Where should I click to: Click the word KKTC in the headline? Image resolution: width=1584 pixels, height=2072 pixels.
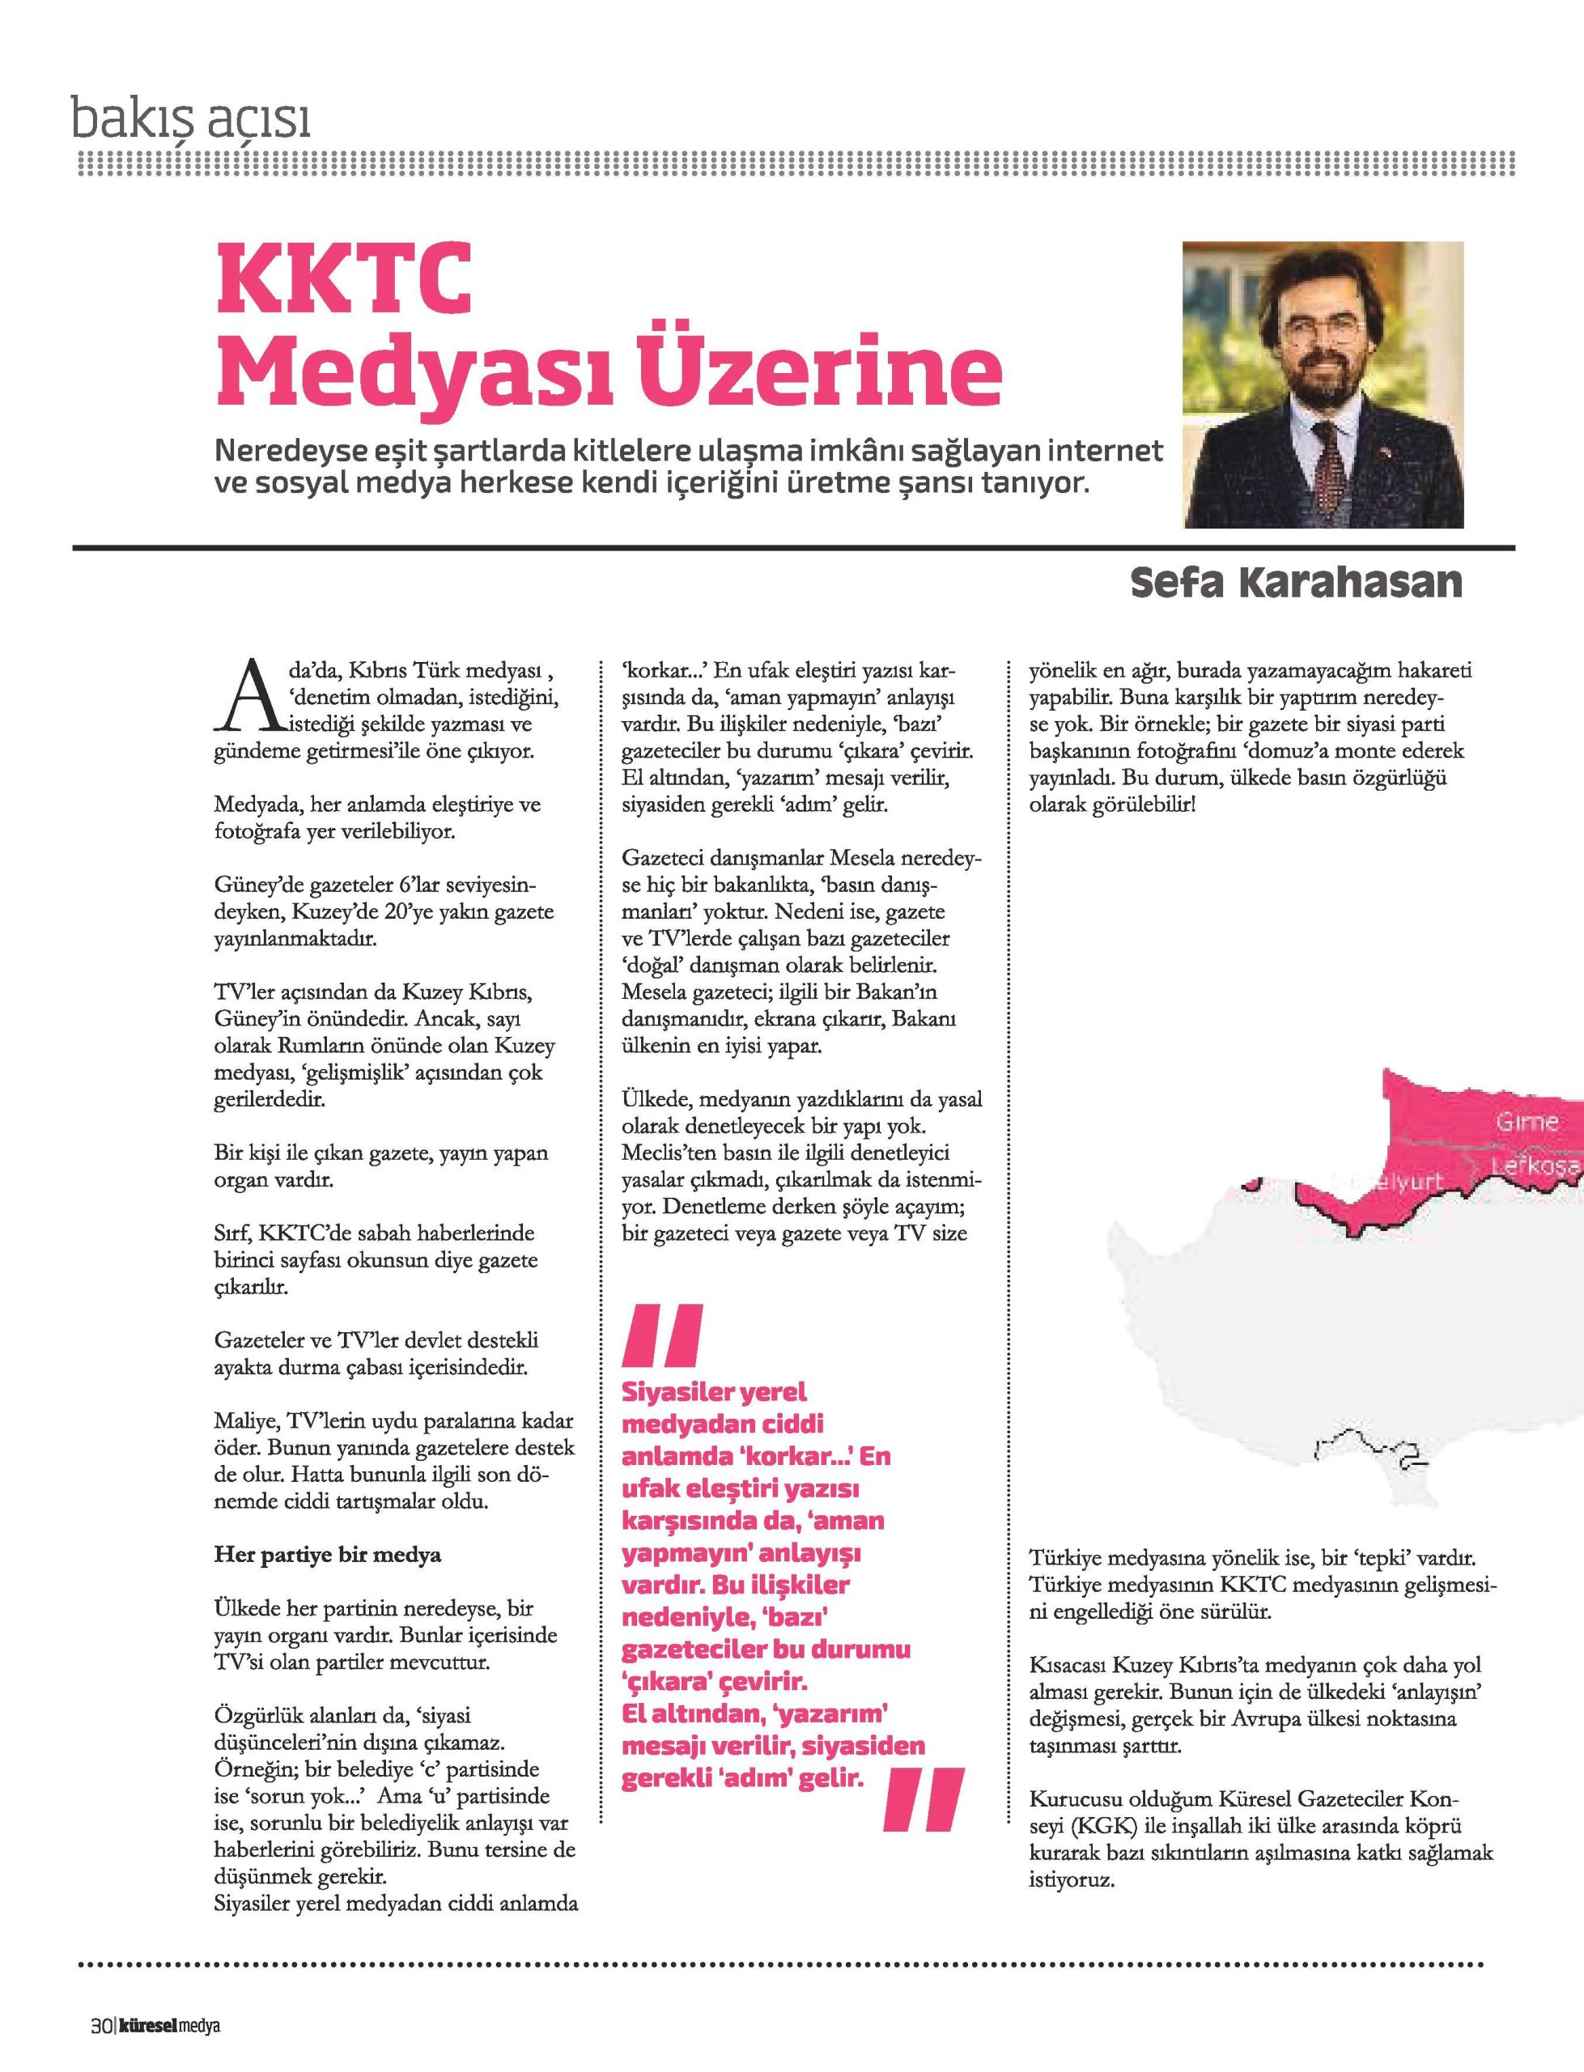click(x=343, y=282)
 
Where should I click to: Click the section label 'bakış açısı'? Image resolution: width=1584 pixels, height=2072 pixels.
click(x=191, y=121)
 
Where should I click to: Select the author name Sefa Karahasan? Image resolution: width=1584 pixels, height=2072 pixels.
click(x=1296, y=584)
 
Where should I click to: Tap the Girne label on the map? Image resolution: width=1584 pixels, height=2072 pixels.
click(x=1527, y=1122)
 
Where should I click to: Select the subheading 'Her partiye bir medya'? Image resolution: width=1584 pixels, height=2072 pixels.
click(x=328, y=1555)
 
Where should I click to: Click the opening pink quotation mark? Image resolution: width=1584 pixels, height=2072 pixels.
click(x=662, y=1335)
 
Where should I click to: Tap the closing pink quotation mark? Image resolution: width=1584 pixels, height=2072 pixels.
click(x=924, y=1798)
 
